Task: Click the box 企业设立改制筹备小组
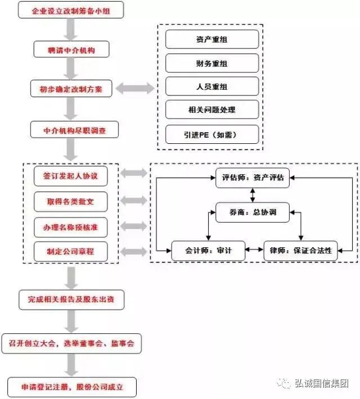point(71,10)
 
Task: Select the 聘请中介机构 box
point(71,49)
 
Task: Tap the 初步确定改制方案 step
point(71,89)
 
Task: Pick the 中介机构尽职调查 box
point(74,130)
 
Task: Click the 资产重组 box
point(212,39)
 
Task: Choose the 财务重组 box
point(212,63)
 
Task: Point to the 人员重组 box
point(212,87)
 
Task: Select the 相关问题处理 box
point(212,110)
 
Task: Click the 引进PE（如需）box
point(212,135)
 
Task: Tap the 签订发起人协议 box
point(70,176)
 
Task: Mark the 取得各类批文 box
point(70,202)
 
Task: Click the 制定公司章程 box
point(70,252)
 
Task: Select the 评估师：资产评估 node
point(253,178)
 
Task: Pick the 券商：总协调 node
point(253,212)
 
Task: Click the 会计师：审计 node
point(208,251)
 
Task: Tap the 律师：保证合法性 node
point(300,251)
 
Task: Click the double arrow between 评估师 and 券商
point(253,195)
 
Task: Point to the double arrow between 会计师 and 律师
point(254,250)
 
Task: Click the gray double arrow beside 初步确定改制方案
point(135,88)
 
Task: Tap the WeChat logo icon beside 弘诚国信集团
point(283,383)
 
